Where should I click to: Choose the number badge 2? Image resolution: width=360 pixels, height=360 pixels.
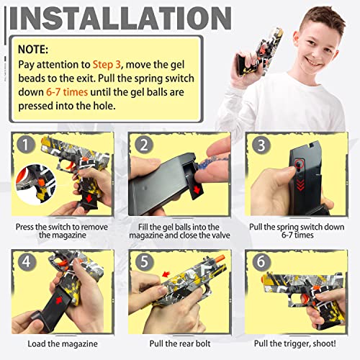pyautogui.click(x=143, y=144)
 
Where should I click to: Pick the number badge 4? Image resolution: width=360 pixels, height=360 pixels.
pyautogui.click(x=27, y=261)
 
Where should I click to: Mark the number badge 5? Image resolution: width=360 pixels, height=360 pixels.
pyautogui.click(x=143, y=261)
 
